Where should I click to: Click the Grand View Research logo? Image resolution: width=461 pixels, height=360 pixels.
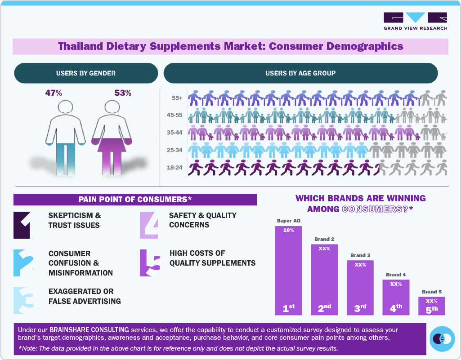point(415,21)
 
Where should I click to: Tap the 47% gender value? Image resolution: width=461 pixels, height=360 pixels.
point(54,93)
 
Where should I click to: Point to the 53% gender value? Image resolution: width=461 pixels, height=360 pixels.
point(123,93)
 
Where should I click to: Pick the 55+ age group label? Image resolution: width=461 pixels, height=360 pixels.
point(177,98)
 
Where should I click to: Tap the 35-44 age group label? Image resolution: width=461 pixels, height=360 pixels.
point(174,133)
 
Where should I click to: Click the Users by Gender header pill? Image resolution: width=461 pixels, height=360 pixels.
point(86,73)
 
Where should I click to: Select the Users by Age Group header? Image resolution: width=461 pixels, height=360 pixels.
point(300,73)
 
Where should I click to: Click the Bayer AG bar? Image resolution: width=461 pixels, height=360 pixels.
point(288,270)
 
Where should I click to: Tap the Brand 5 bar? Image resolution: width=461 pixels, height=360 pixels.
point(431,306)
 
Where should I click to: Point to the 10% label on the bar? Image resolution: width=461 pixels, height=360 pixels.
point(288,230)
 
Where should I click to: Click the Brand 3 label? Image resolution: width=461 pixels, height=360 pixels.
point(360,255)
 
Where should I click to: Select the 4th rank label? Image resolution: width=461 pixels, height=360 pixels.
point(396,309)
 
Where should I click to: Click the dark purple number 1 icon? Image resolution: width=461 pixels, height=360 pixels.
point(23,225)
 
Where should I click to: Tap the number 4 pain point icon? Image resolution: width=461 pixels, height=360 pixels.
point(148,225)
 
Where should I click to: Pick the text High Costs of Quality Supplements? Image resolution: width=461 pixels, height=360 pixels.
point(212,258)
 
